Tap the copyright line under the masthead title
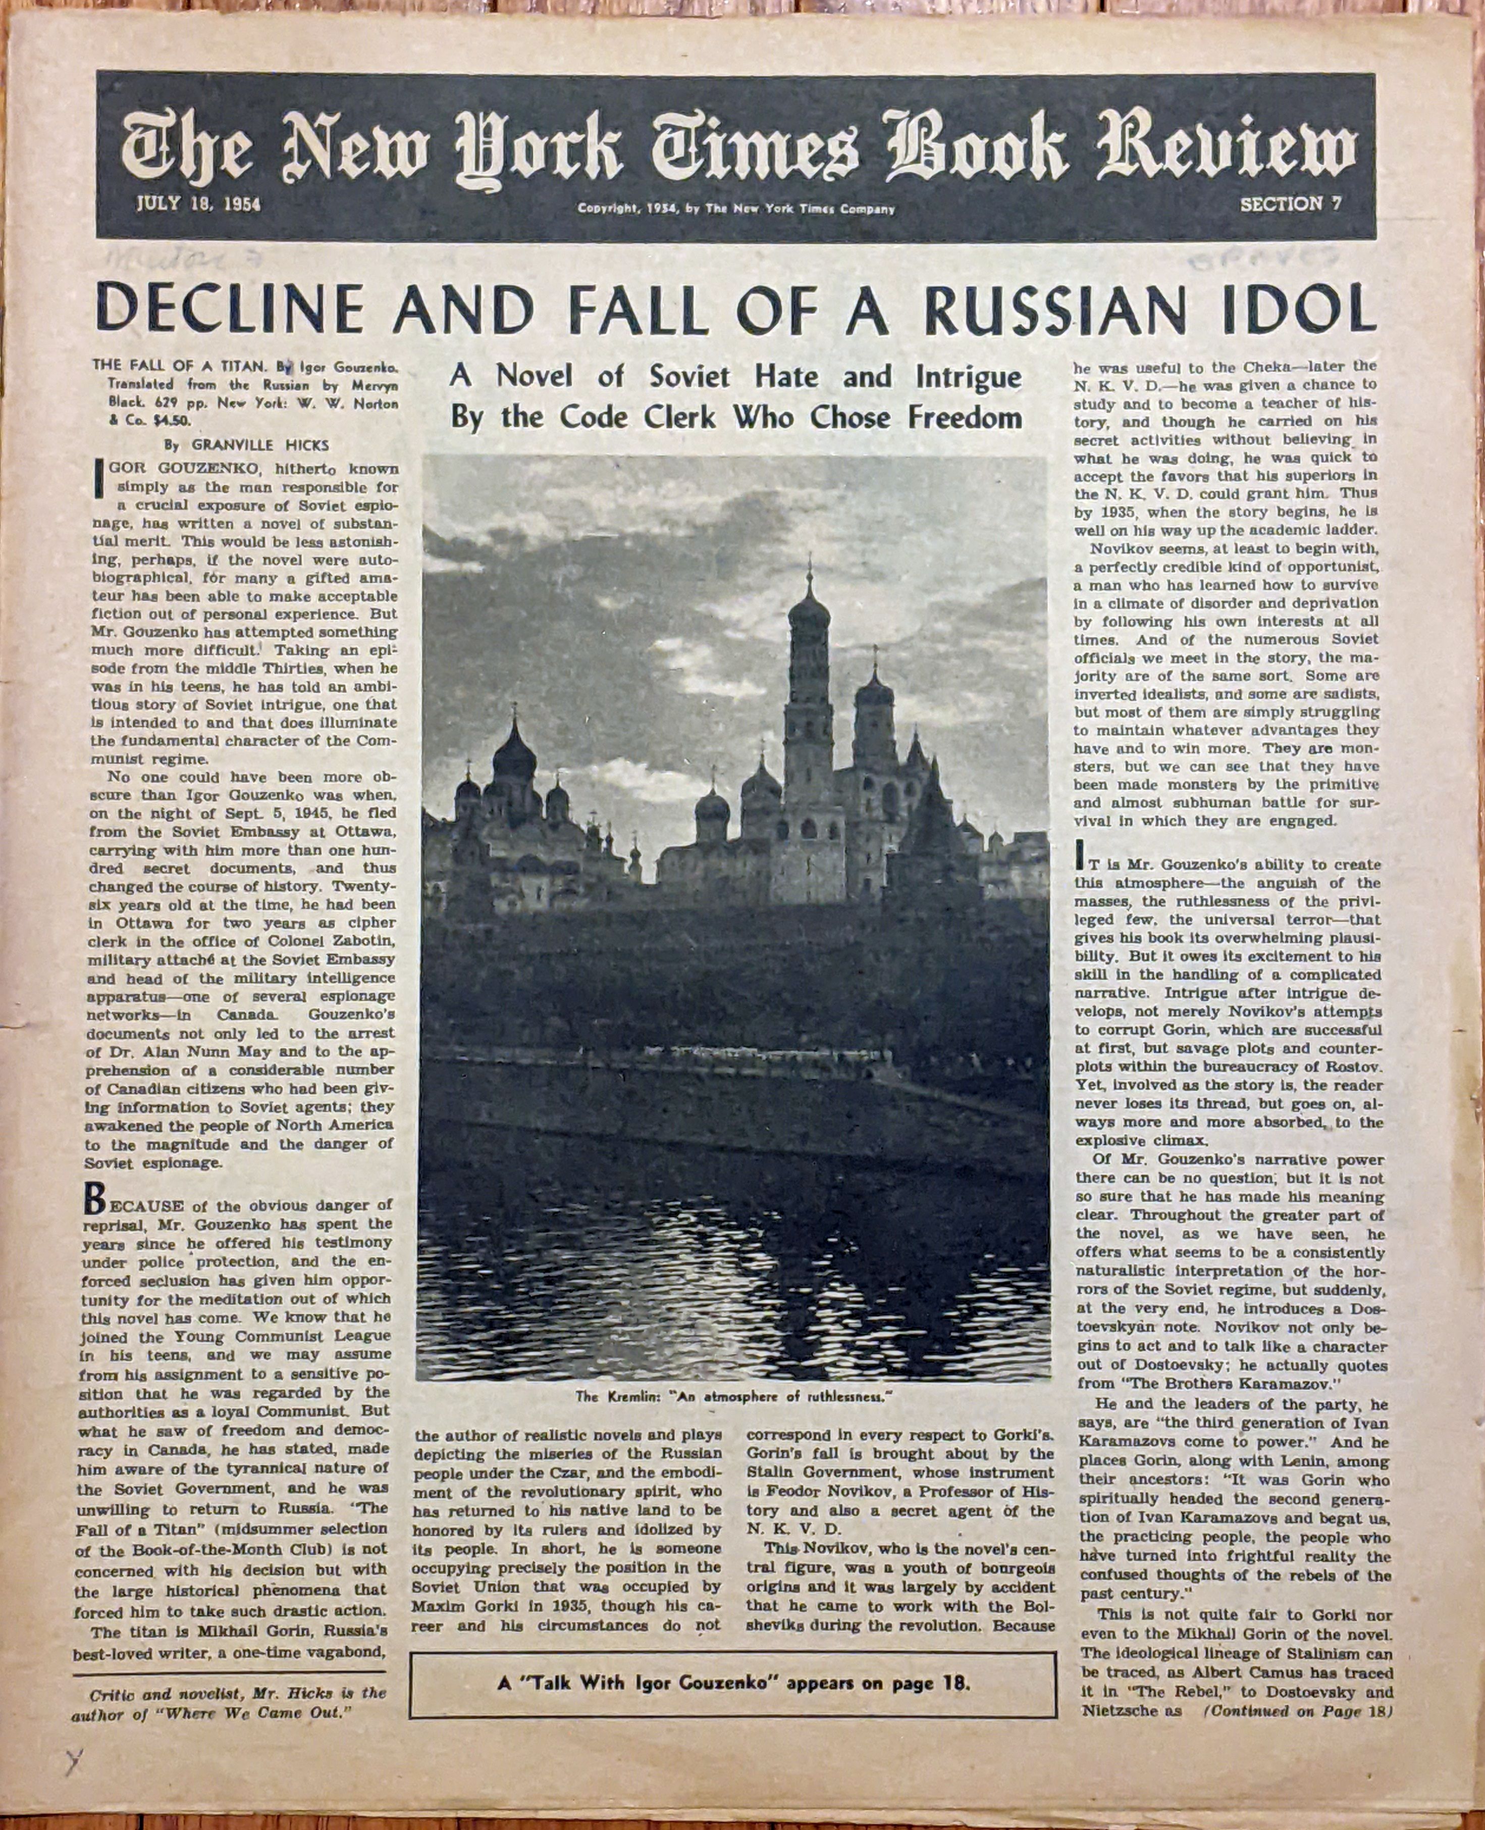pos(735,209)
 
